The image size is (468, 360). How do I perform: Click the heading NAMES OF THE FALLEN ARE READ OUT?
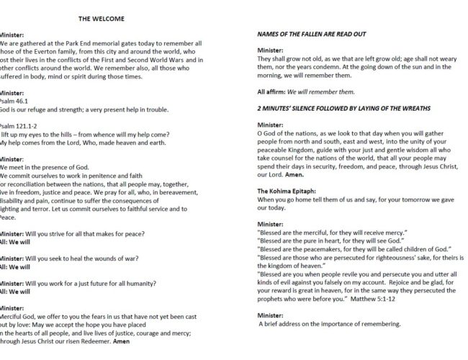point(322,35)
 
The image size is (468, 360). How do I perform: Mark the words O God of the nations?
point(287,132)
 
